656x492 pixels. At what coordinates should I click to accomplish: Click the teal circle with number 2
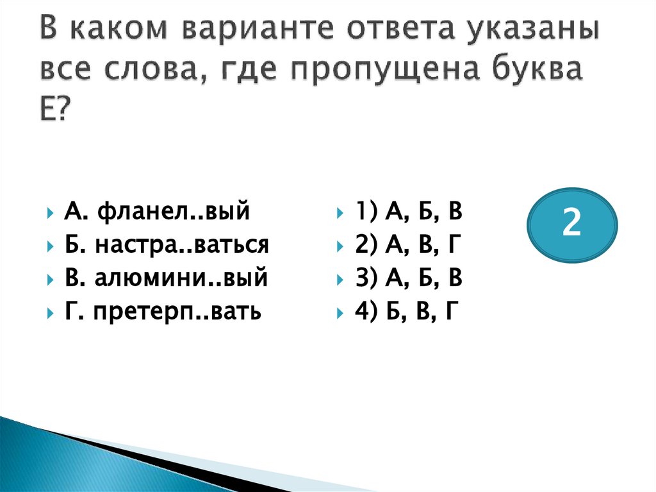pyautogui.click(x=571, y=225)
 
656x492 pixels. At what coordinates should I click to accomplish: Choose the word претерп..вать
pyautogui.click(x=177, y=313)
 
